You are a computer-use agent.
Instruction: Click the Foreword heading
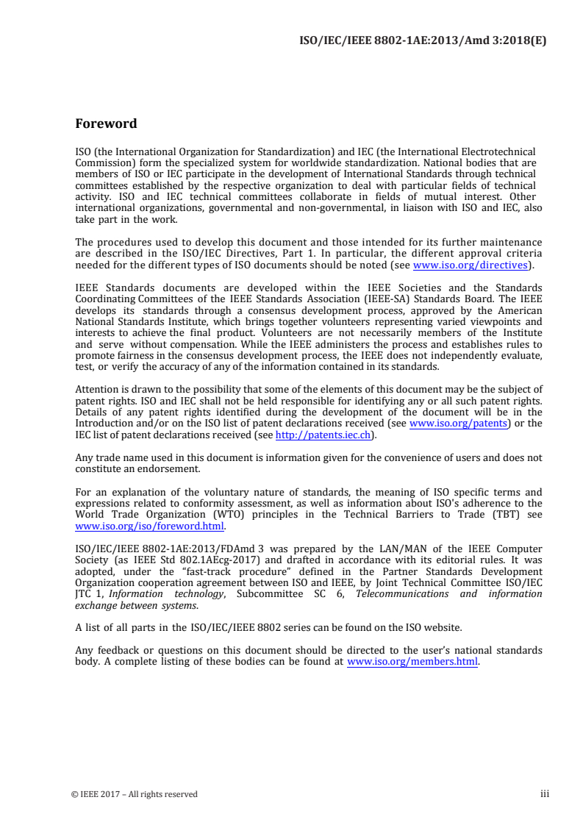[106, 124]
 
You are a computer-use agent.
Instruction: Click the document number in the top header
[423, 40]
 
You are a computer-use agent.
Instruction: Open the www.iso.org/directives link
[471, 265]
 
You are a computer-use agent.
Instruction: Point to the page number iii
[545, 794]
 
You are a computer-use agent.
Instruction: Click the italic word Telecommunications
[401, 593]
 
